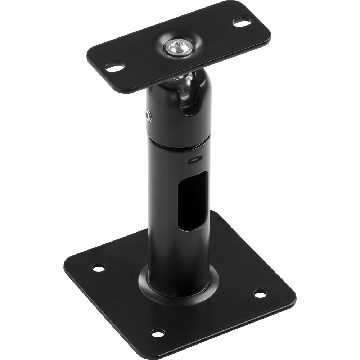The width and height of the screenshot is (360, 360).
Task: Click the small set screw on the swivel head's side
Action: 148,115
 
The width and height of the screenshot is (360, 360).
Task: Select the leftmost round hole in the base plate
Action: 98,267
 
